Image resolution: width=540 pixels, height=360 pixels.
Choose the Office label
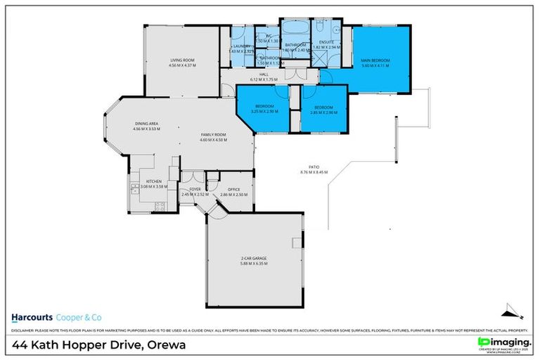(233, 190)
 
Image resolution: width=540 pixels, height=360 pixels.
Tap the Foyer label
(195, 190)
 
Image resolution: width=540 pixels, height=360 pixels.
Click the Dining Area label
(147, 125)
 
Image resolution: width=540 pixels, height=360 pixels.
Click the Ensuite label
(327, 43)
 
